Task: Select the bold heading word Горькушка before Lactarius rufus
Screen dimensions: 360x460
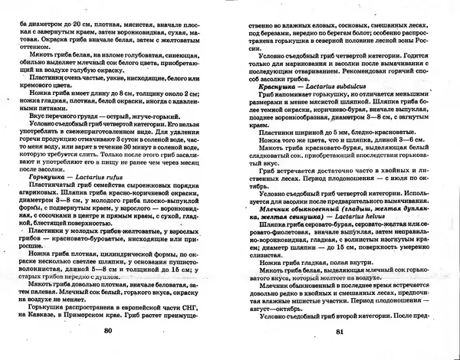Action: coord(47,175)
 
